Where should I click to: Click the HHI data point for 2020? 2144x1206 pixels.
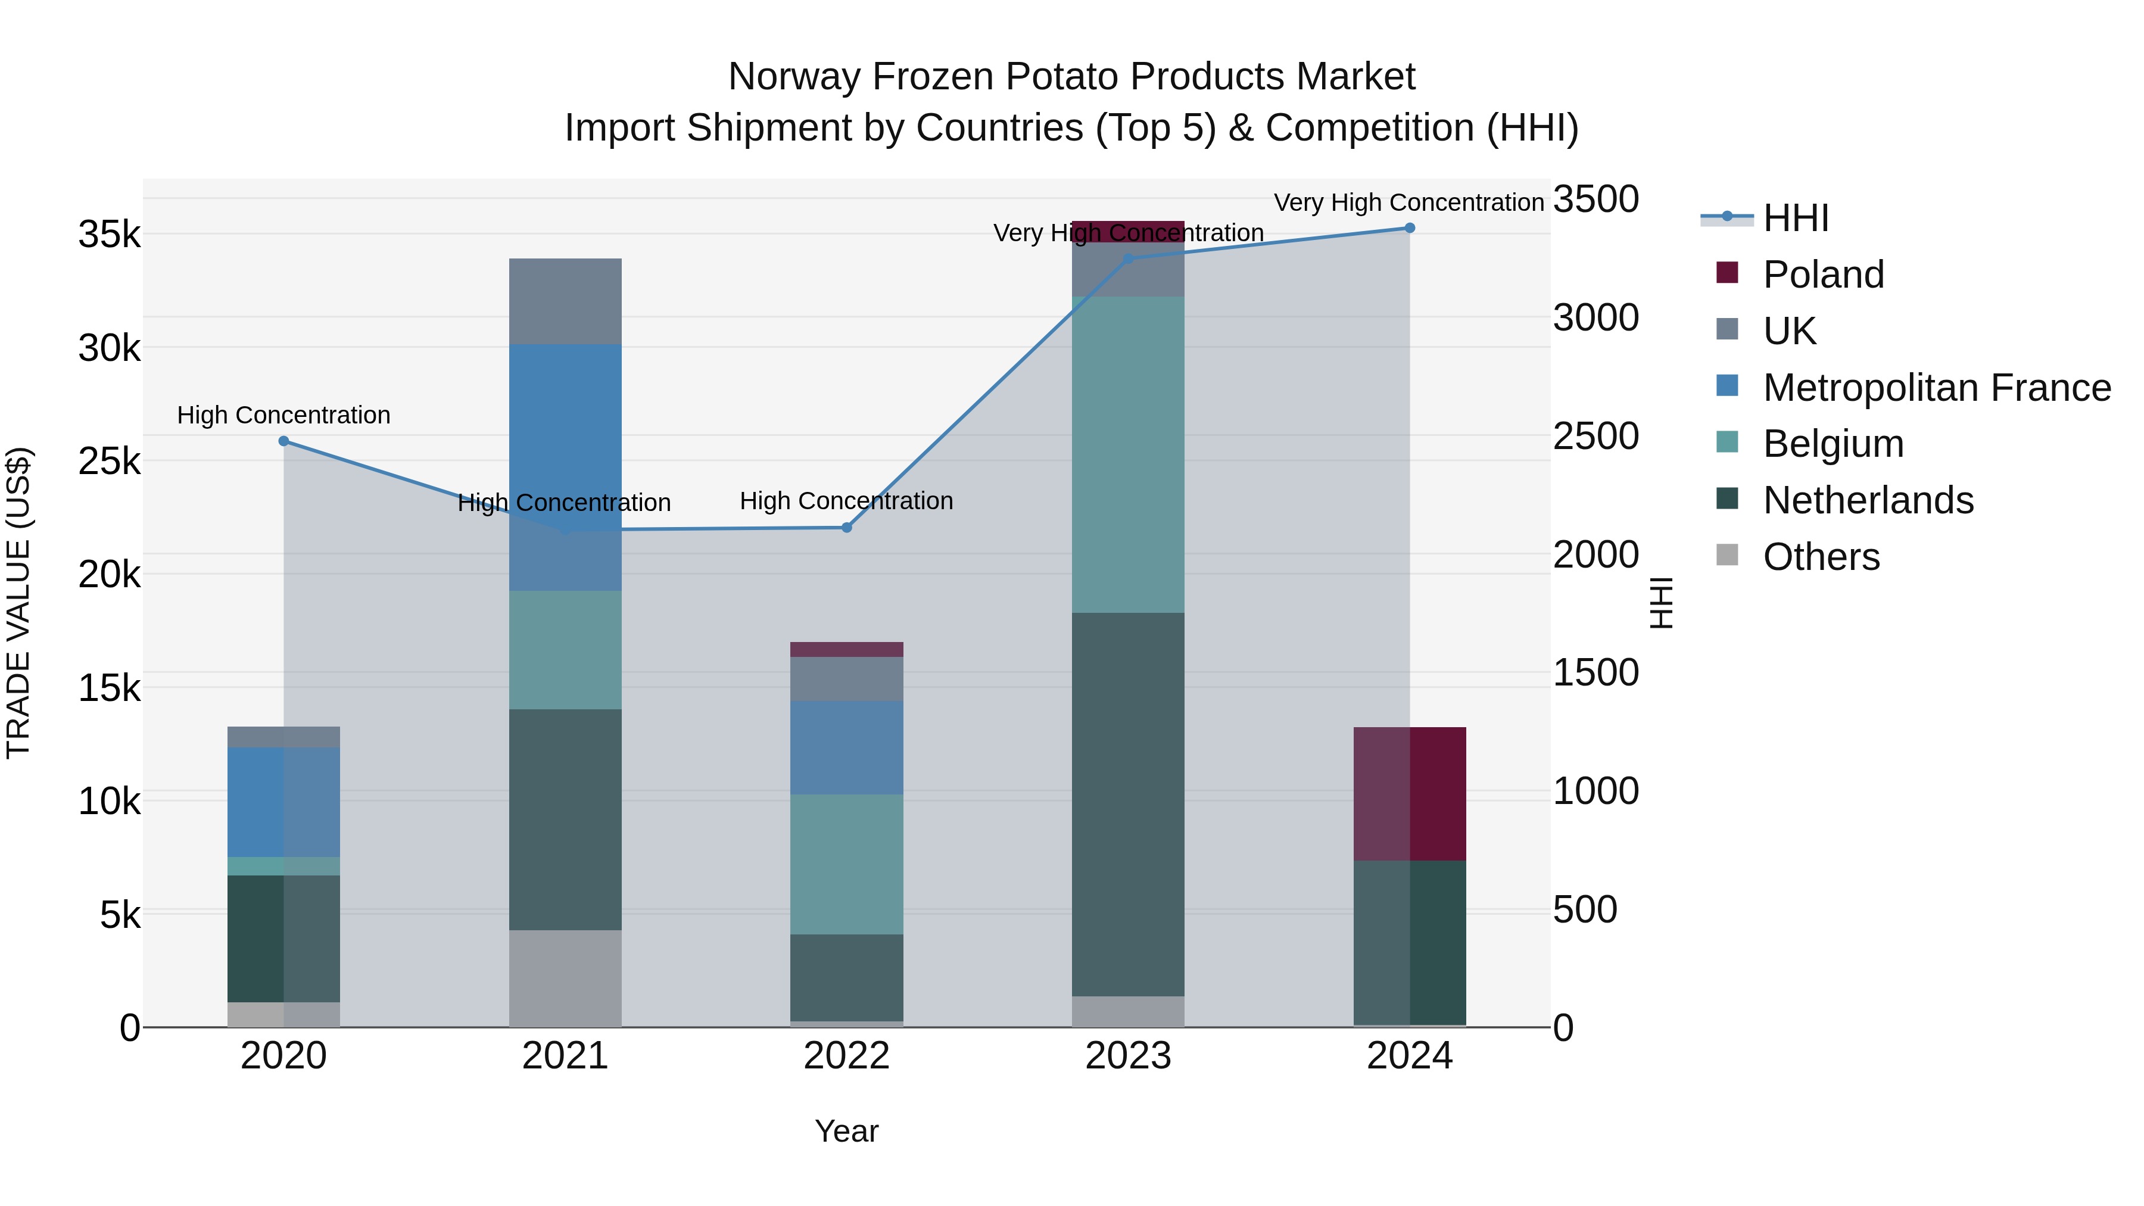pyautogui.click(x=284, y=441)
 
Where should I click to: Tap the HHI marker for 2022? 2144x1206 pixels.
pyautogui.click(x=846, y=528)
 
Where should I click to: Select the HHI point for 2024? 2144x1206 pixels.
pyautogui.click(x=1410, y=228)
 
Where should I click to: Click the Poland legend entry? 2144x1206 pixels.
pyautogui.click(x=1823, y=275)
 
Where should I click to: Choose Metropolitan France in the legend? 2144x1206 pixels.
pyautogui.click(x=1936, y=388)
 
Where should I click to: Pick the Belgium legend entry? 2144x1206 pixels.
pyautogui.click(x=1833, y=444)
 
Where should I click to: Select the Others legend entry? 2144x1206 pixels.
pyautogui.click(x=1821, y=557)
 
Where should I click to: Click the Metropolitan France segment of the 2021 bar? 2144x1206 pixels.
pyautogui.click(x=565, y=466)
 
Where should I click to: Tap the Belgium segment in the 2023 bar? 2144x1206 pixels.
pyautogui.click(x=1129, y=454)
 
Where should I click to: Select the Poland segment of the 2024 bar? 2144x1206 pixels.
pyautogui.click(x=1410, y=793)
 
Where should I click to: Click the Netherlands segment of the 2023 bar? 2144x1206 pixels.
pyautogui.click(x=1129, y=804)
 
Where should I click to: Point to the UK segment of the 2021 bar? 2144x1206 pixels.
pyautogui.click(x=565, y=301)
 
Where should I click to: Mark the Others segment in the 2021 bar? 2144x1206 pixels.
pyautogui.click(x=565, y=978)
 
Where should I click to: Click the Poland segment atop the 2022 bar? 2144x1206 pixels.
pyautogui.click(x=846, y=649)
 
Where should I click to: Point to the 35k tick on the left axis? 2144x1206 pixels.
pyautogui.click(x=110, y=235)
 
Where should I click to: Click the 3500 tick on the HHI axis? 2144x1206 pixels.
pyautogui.click(x=1595, y=200)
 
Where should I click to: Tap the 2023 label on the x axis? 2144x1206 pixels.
pyautogui.click(x=1129, y=1056)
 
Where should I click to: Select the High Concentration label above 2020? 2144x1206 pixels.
pyautogui.click(x=284, y=415)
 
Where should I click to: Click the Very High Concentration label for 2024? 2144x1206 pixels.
pyautogui.click(x=1408, y=202)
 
